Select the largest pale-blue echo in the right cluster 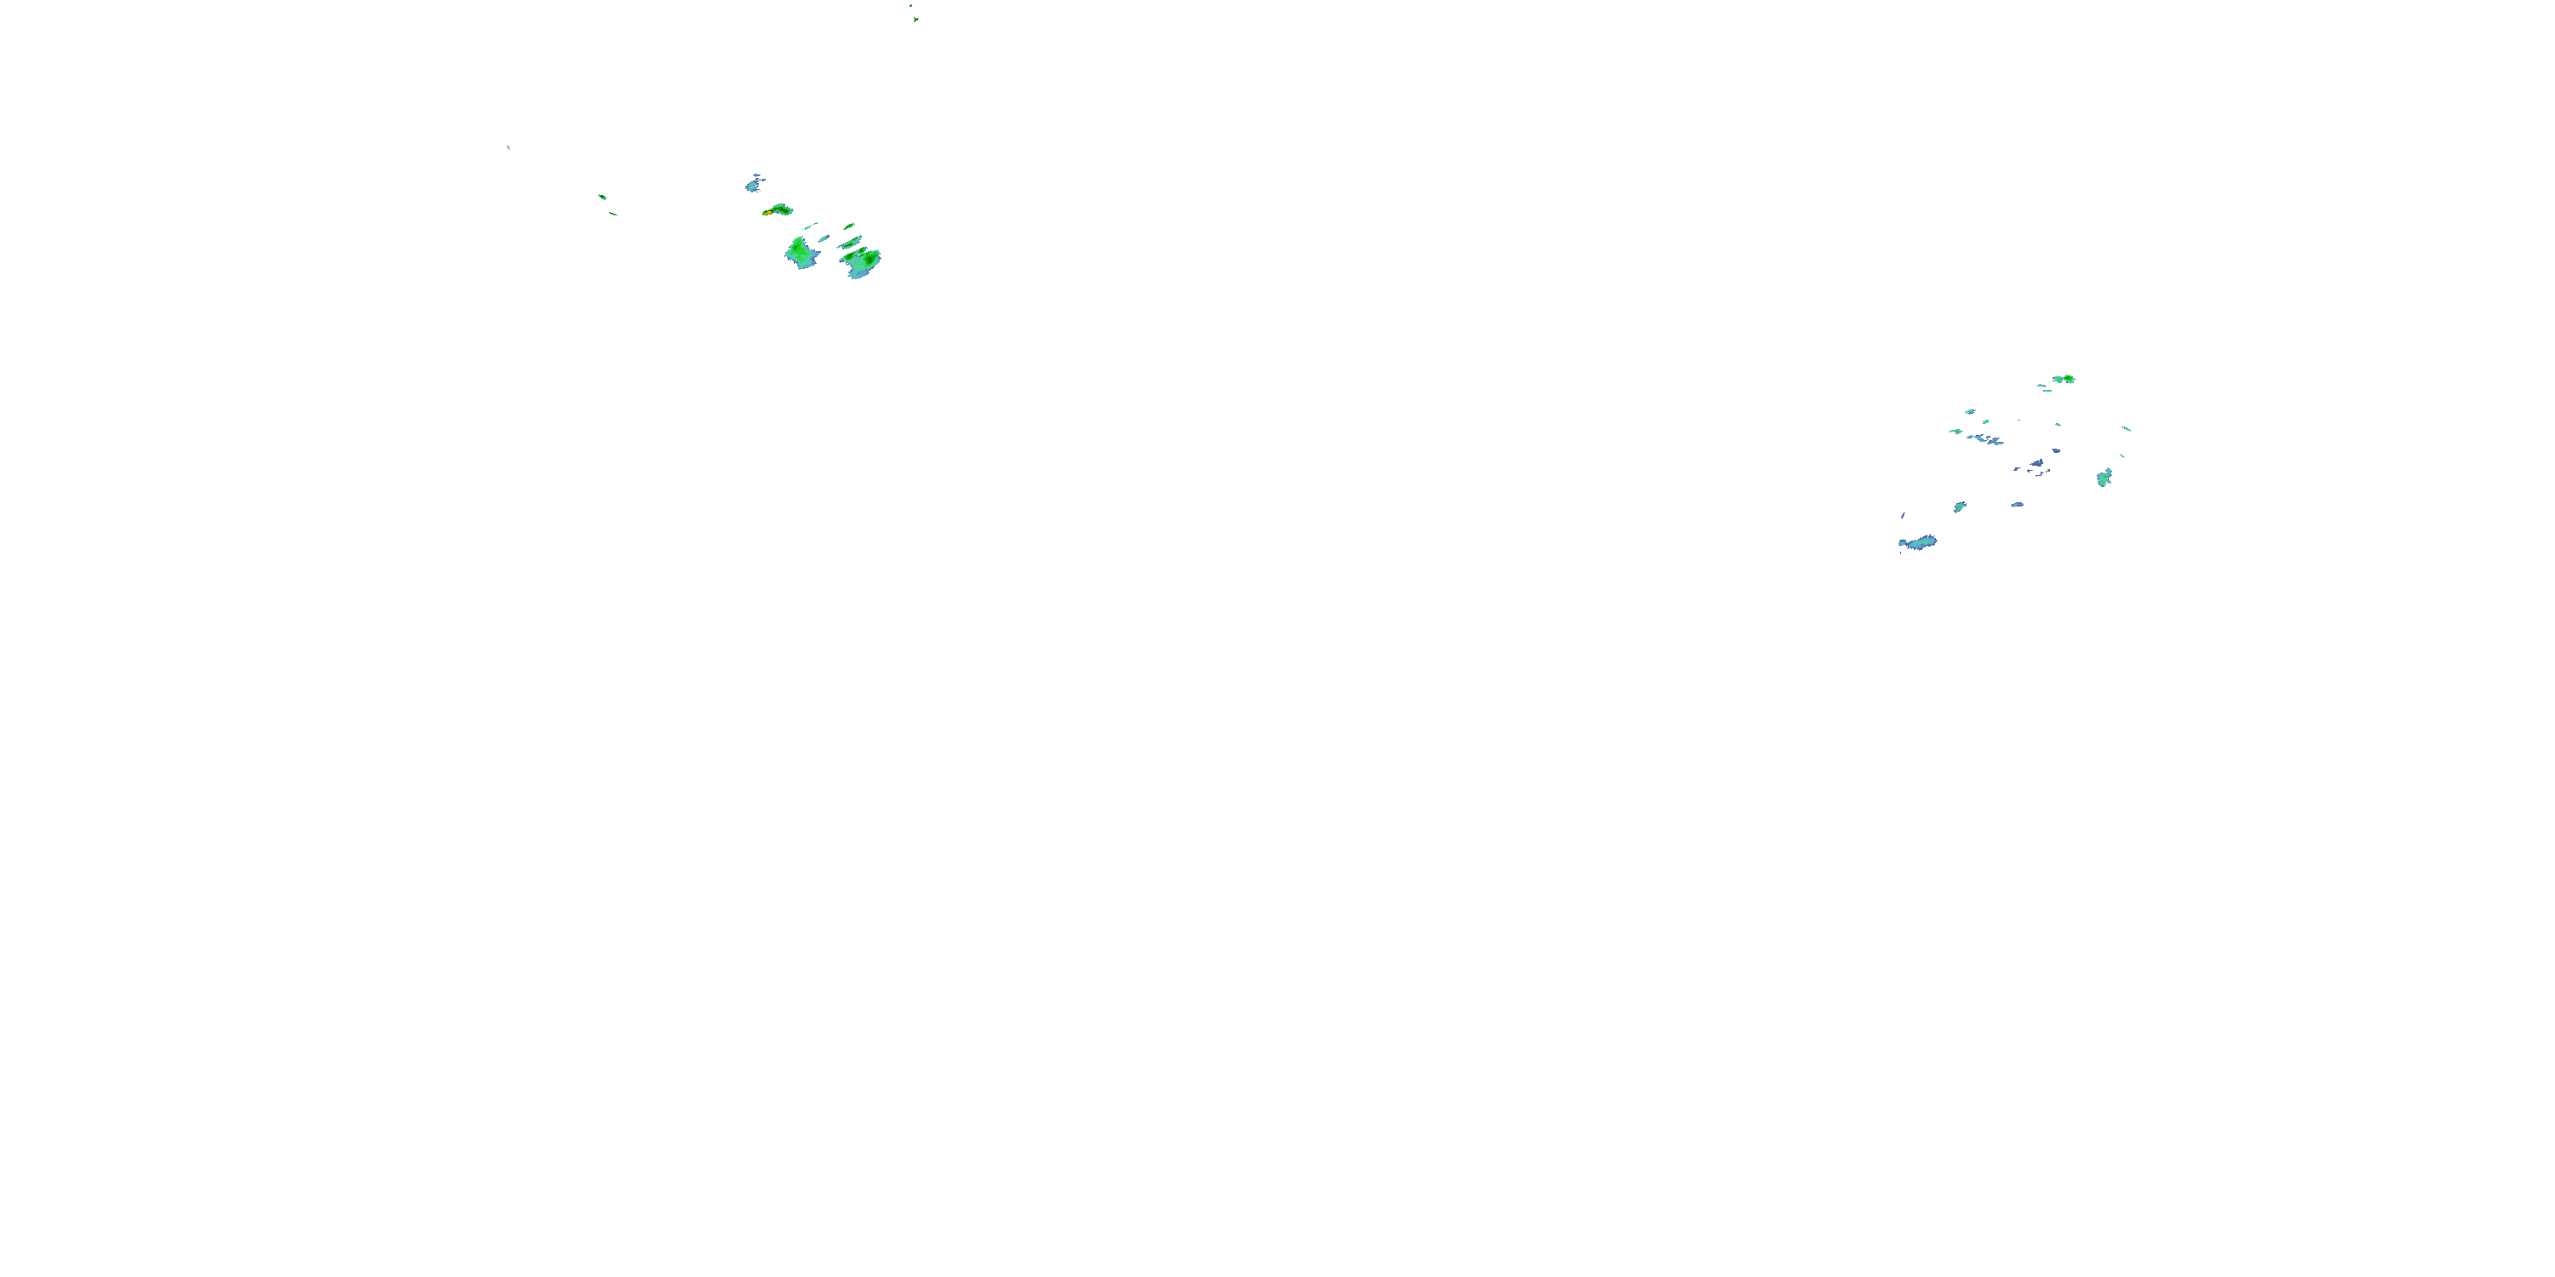tap(1918, 542)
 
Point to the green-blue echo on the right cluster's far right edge tap(2104, 478)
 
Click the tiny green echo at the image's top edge tap(915, 17)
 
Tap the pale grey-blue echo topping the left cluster tap(754, 183)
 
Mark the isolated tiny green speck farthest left tap(508, 148)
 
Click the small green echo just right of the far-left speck tap(602, 197)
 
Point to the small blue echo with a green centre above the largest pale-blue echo tap(1960, 507)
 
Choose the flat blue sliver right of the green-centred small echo tap(2017, 505)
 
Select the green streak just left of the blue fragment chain tap(1955, 432)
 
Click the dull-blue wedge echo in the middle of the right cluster tap(2036, 464)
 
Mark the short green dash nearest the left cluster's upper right tap(849, 226)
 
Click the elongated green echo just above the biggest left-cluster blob tap(851, 242)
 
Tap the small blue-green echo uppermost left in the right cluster tap(1970, 411)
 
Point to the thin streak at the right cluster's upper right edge tap(2126, 428)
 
